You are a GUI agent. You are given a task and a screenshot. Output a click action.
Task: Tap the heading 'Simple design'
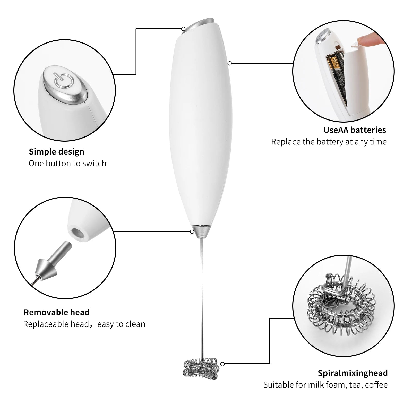tap(56, 152)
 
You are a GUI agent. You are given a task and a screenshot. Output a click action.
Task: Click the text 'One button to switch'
tap(67, 163)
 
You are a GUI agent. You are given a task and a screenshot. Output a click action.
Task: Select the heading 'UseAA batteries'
tap(355, 130)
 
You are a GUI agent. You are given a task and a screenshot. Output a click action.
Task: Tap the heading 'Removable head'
tap(56, 312)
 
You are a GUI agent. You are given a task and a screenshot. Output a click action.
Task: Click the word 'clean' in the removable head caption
tap(135, 324)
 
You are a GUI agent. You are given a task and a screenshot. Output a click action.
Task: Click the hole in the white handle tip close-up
tap(77, 233)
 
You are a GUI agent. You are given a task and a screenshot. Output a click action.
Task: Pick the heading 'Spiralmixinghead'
tap(353, 373)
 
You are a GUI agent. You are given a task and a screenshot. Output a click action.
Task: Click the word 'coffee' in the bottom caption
tap(376, 385)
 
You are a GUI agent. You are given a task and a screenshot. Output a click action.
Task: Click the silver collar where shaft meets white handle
tap(202, 231)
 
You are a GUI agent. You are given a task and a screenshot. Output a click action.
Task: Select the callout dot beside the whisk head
tap(222, 364)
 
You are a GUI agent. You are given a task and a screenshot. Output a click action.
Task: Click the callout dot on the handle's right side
tap(230, 63)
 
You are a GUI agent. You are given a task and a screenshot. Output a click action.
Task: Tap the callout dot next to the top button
tap(183, 29)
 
